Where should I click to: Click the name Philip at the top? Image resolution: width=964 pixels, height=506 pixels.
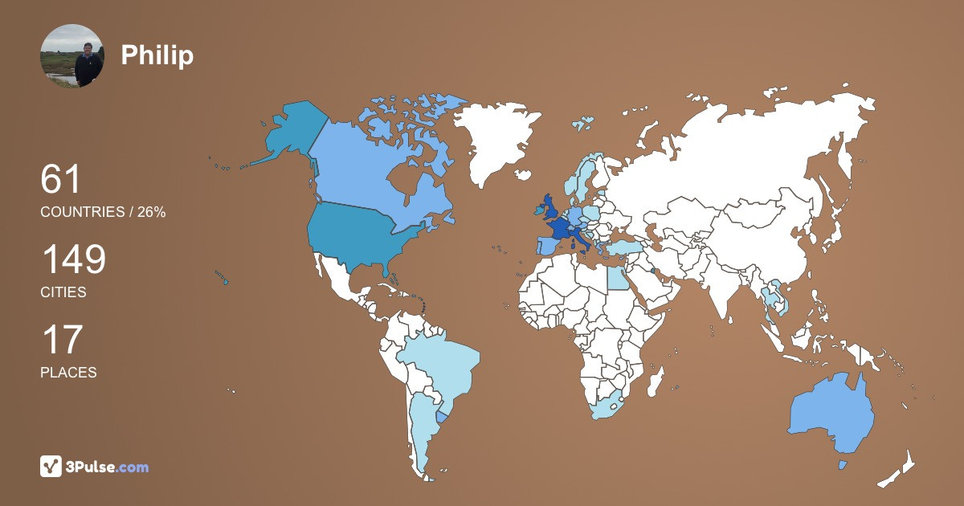(x=157, y=55)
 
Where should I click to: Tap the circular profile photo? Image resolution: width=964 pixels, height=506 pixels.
(x=71, y=55)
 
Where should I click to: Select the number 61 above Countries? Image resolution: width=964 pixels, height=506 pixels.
(x=61, y=179)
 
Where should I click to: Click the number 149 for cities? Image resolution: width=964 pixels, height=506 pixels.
(x=73, y=260)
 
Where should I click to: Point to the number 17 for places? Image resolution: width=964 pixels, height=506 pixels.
(x=61, y=340)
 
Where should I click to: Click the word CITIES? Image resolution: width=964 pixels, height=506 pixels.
(x=63, y=292)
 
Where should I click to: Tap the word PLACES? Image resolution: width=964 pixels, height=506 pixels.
(x=68, y=373)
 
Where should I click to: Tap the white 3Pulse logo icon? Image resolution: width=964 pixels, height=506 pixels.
(x=51, y=466)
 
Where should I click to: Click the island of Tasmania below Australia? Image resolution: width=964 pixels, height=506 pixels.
(x=843, y=465)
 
